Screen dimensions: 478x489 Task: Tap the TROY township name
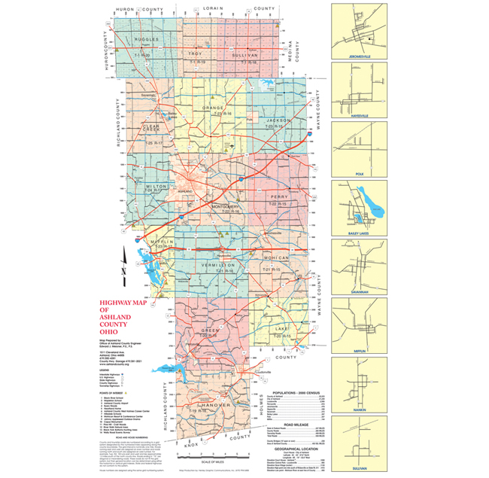[x=196, y=54]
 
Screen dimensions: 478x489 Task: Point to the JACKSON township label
[x=278, y=120]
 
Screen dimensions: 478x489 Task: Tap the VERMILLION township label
[x=218, y=266]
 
